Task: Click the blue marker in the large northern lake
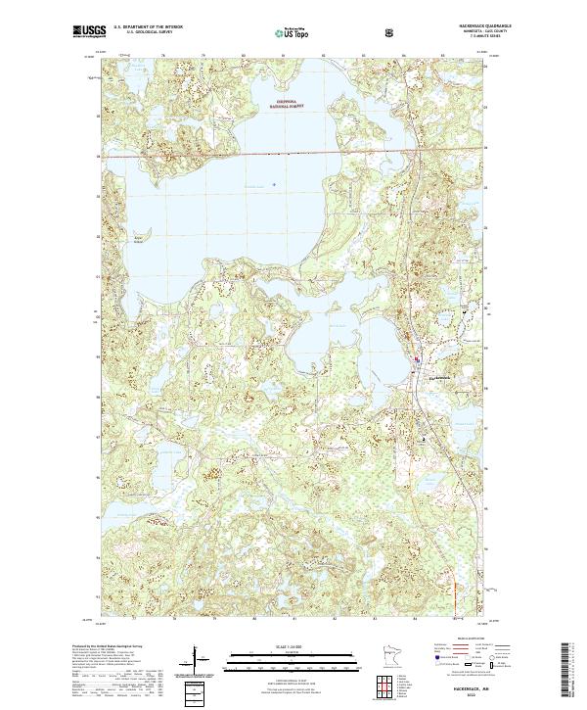[273, 183]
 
